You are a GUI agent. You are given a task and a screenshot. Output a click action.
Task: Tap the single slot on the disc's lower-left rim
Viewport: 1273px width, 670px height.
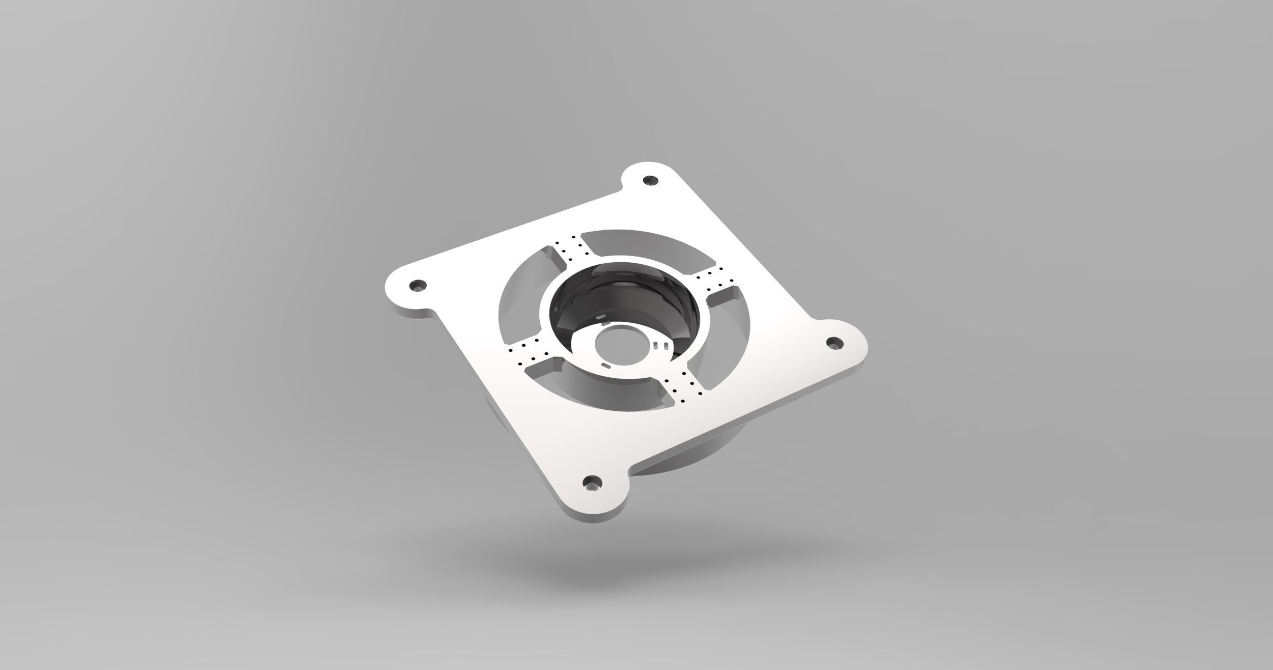[606, 379]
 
